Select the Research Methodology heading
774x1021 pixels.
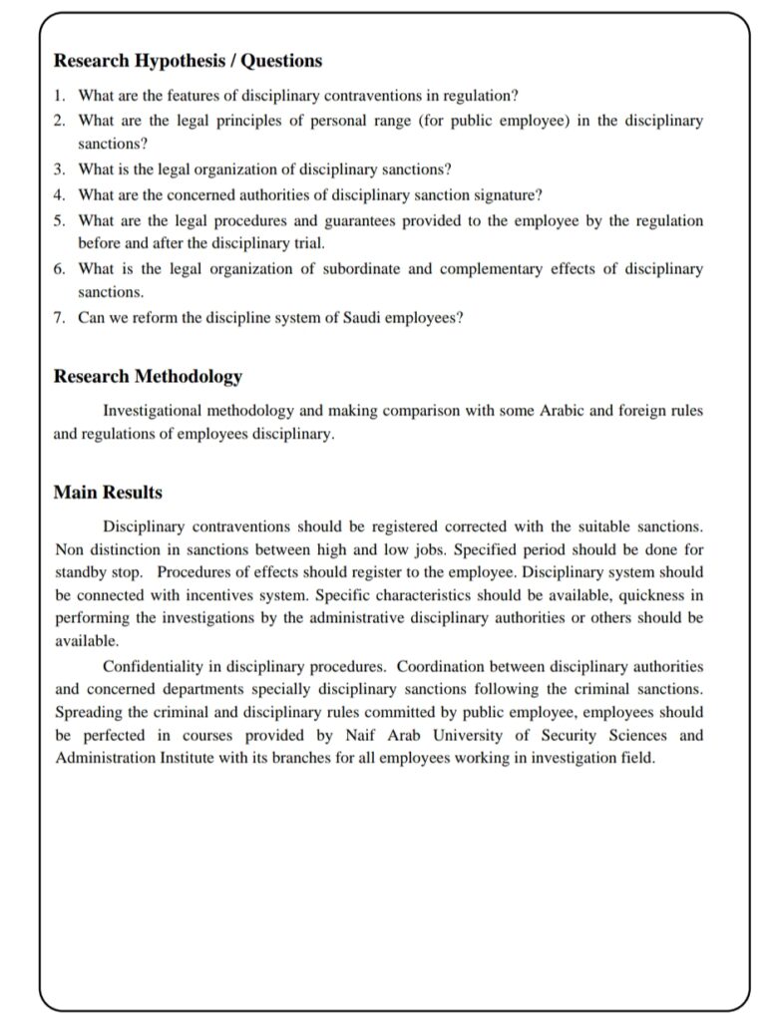(x=148, y=377)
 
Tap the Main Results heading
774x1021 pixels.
(x=108, y=493)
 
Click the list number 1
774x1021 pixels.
(x=59, y=95)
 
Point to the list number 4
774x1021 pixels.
(x=59, y=194)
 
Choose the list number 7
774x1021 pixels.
(x=59, y=319)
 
